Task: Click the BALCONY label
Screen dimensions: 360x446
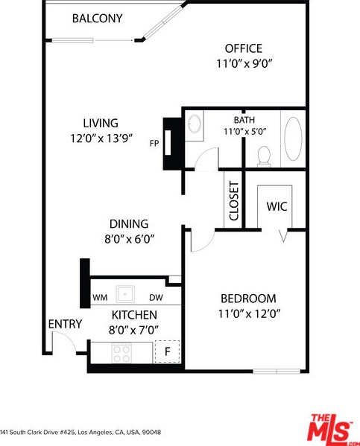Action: pos(97,19)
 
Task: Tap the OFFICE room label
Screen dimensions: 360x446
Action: pos(244,48)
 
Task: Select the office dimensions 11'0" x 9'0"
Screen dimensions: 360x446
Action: pos(244,63)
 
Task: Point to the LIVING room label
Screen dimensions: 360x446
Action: pos(101,123)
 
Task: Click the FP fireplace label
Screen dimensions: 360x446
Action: pos(154,144)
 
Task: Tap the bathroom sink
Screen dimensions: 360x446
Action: pos(195,124)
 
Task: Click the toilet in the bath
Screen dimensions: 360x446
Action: pos(264,156)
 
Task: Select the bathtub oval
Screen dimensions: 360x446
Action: pos(293,138)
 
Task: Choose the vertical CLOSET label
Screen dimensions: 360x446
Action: pos(233,201)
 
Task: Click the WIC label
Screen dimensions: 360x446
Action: pos(277,206)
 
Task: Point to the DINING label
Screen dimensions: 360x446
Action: pos(129,224)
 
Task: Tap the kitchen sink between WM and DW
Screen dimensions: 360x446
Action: pos(125,294)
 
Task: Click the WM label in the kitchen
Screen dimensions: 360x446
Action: pos(100,298)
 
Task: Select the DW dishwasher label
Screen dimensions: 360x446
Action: pos(156,298)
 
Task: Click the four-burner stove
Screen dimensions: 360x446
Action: pos(122,353)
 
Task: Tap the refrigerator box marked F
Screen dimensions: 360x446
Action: pos(167,351)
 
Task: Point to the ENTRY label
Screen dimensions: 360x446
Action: pos(65,324)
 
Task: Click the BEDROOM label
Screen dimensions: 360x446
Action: pos(248,299)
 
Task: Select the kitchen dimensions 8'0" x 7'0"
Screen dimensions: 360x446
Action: pos(133,331)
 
